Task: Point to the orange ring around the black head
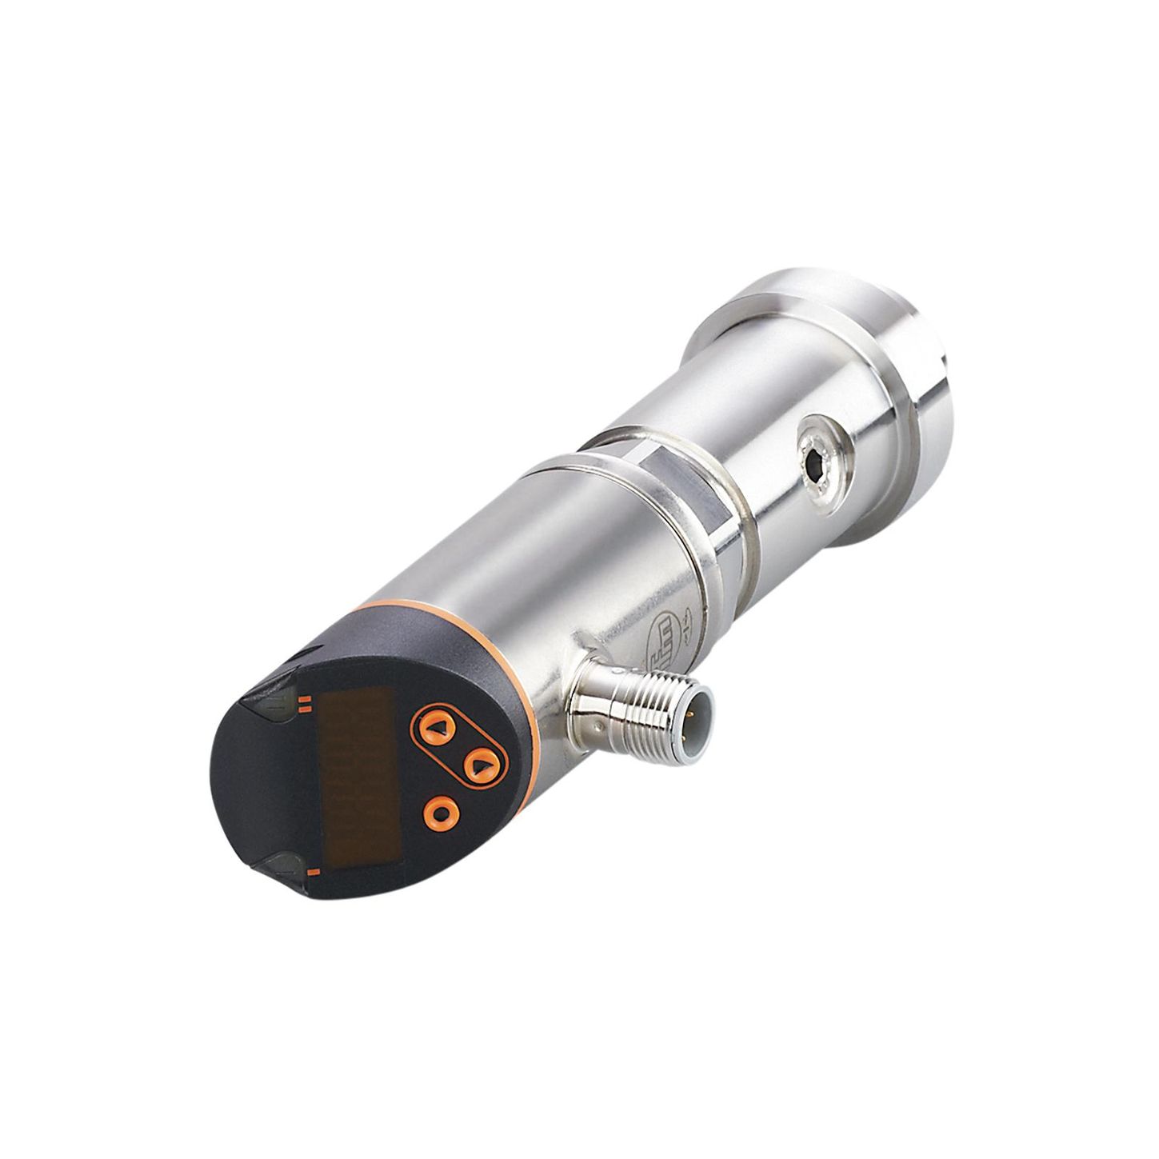[x=512, y=680]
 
